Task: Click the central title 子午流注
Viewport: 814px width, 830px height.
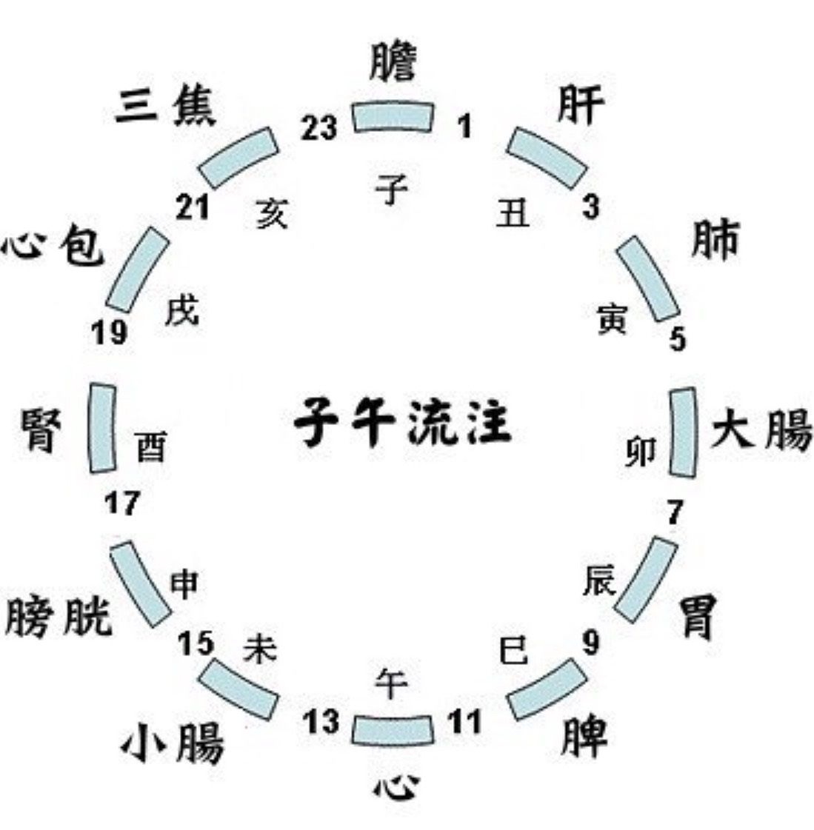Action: (x=403, y=422)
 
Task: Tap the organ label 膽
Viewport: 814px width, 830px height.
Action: (x=393, y=61)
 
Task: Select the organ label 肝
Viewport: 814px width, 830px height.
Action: (x=581, y=105)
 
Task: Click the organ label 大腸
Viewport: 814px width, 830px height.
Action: (x=761, y=430)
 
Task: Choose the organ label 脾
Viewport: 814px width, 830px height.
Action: (x=584, y=737)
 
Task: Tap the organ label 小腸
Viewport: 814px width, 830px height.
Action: (x=173, y=743)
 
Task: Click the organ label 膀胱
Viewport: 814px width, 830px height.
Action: (x=59, y=616)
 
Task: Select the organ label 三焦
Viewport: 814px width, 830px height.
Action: (x=165, y=107)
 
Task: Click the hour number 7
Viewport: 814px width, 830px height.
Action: (x=674, y=512)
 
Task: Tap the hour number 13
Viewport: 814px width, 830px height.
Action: (x=321, y=722)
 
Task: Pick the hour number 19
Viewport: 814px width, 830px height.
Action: (x=110, y=332)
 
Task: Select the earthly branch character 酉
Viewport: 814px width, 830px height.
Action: (x=151, y=446)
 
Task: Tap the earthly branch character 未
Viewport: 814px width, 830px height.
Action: (x=260, y=649)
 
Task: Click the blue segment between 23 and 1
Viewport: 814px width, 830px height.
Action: (x=393, y=116)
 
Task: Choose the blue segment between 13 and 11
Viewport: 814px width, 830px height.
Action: (x=393, y=731)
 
